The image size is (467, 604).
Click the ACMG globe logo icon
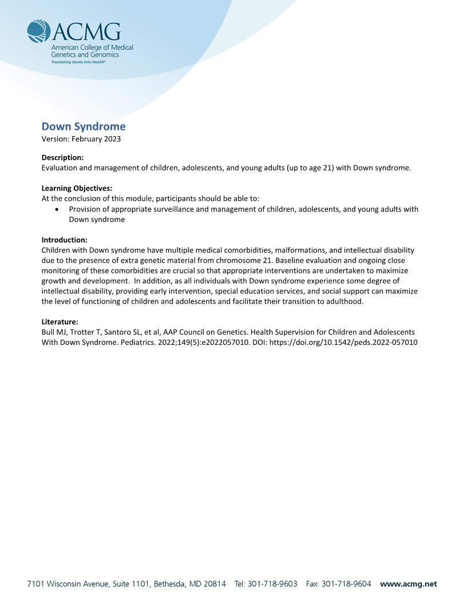pyautogui.click(x=39, y=32)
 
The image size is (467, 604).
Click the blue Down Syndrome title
pyautogui.click(x=84, y=126)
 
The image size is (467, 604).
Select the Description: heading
pyautogui.click(x=62, y=157)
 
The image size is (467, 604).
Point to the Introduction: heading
pyautogui.click(x=64, y=240)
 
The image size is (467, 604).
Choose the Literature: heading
pyautogui.click(x=60, y=321)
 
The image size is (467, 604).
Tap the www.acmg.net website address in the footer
pyautogui.click(x=408, y=584)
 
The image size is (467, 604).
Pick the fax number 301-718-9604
pyautogui.click(x=346, y=584)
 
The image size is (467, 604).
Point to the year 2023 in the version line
pyautogui.click(x=112, y=138)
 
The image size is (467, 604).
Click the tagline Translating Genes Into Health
pyautogui.click(x=78, y=61)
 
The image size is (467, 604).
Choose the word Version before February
pyautogui.click(x=54, y=138)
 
